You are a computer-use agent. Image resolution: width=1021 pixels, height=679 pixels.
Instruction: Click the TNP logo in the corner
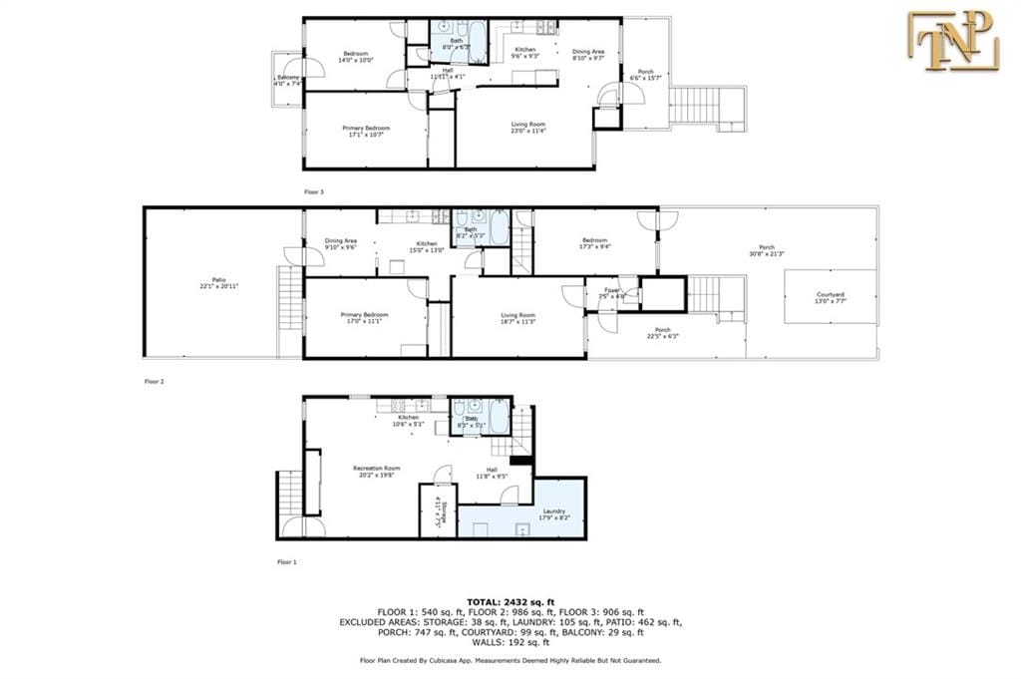951,41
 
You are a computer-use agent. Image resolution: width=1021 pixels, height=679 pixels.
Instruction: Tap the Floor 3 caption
314,190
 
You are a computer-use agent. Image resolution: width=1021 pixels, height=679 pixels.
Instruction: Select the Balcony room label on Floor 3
287,81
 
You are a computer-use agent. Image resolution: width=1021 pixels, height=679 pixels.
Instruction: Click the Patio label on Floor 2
218,283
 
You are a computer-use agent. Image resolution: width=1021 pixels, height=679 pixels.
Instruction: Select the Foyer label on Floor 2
610,292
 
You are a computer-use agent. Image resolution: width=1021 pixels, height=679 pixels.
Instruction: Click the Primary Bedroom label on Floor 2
364,317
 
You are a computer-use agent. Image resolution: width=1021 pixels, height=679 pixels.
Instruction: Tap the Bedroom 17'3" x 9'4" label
594,244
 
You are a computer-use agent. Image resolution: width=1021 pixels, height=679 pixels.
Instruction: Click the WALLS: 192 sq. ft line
510,642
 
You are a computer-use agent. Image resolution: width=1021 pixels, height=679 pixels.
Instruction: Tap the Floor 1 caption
287,562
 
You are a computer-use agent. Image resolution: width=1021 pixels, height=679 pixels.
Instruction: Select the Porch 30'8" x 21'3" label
766,250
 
